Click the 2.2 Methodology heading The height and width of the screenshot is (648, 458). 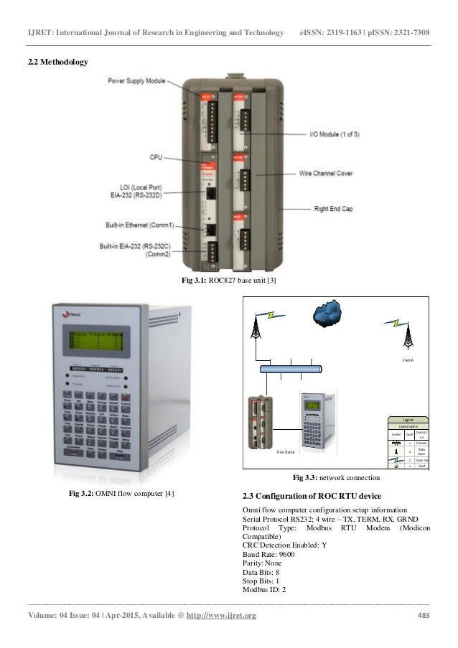(58, 62)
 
